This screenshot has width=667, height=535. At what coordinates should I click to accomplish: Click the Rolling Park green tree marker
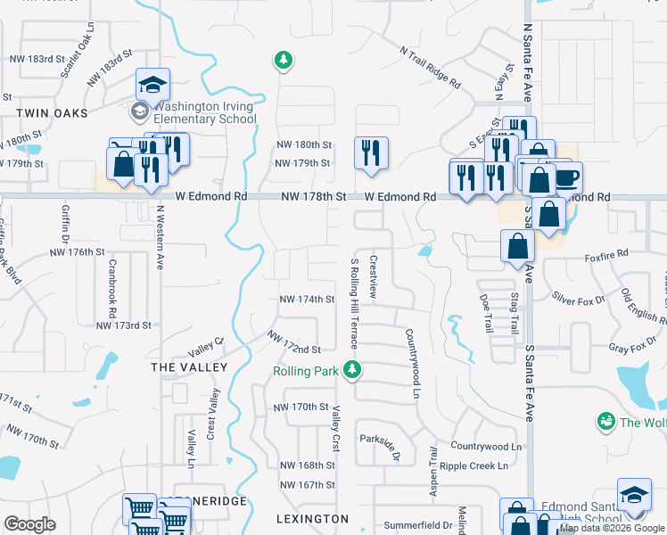click(353, 369)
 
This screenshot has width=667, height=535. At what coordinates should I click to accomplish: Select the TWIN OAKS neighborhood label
click(53, 113)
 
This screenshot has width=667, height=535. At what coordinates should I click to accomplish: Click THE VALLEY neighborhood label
click(189, 366)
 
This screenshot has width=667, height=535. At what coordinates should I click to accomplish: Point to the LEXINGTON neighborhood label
click(313, 518)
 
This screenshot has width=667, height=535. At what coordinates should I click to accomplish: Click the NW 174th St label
click(307, 300)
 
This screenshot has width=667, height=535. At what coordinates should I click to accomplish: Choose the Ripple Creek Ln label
click(478, 465)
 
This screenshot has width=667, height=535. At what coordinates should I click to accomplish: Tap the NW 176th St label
click(78, 252)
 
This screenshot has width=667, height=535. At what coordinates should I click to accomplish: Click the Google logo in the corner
click(29, 524)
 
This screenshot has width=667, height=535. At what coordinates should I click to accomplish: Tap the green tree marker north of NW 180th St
click(284, 61)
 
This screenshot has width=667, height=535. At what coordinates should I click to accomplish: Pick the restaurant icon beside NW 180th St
click(369, 153)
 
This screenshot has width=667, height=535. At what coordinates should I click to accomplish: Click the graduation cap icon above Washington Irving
click(152, 86)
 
